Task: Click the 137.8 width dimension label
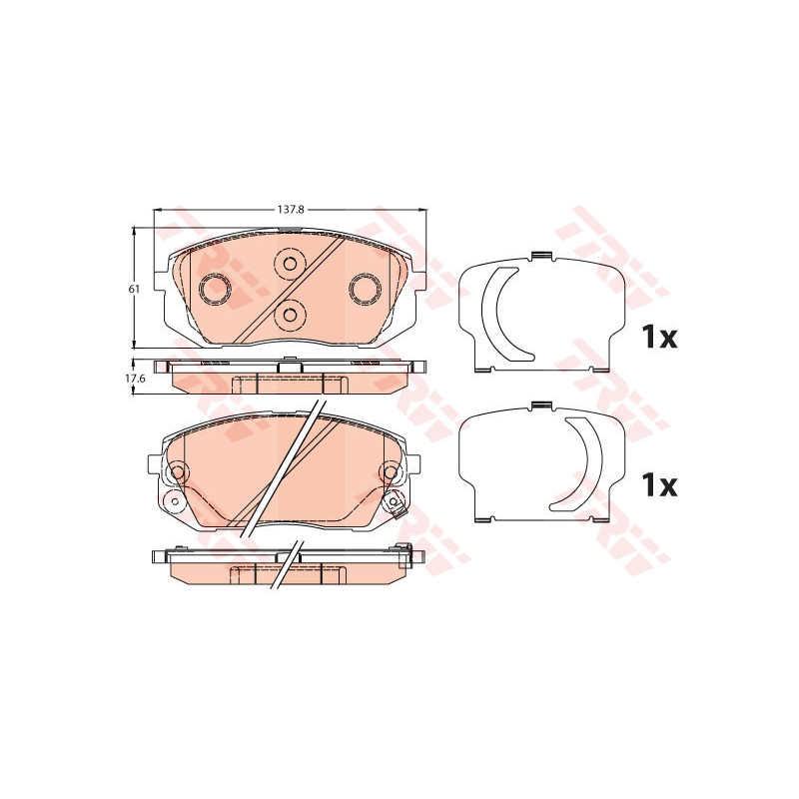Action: [287, 209]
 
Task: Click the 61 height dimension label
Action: [134, 289]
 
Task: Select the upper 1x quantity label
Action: [660, 337]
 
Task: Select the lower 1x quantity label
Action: [660, 485]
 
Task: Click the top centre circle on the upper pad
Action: [290, 264]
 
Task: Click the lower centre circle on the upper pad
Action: [290, 316]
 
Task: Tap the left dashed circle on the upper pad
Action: [215, 289]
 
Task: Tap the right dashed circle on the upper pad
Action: [365, 289]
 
